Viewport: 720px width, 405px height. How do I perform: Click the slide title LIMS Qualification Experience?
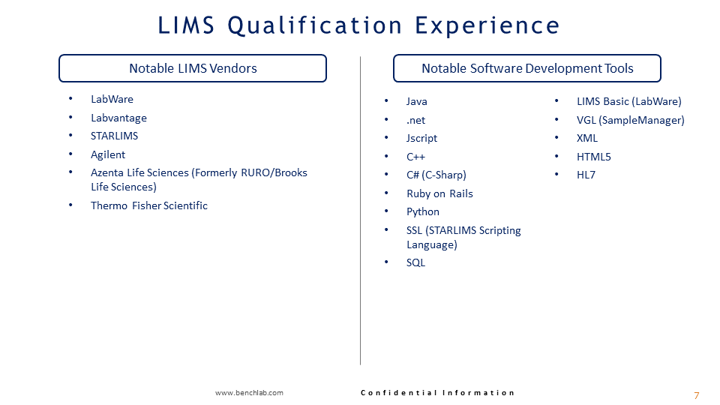(x=359, y=25)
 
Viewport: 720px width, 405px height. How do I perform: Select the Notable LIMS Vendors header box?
(x=193, y=68)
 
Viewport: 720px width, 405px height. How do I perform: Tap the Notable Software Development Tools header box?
(x=527, y=68)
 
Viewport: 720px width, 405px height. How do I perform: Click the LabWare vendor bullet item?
(x=112, y=99)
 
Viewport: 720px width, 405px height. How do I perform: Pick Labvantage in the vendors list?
(x=118, y=118)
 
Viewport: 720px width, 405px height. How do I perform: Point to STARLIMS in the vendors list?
(x=114, y=136)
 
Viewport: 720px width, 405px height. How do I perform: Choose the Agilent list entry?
(x=108, y=154)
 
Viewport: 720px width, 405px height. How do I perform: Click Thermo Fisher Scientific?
(x=149, y=205)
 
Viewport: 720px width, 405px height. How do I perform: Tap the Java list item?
(x=417, y=101)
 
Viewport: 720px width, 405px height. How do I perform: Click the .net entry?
(x=416, y=120)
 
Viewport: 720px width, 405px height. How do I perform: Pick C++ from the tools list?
(x=415, y=157)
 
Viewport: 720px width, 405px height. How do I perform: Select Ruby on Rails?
(x=439, y=193)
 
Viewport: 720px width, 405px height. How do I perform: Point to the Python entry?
(x=423, y=211)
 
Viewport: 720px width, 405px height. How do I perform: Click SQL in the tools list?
(x=415, y=262)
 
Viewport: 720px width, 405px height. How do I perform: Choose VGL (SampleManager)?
(x=630, y=120)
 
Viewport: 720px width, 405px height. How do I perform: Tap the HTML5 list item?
(x=593, y=157)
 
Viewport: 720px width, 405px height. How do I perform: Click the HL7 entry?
(x=586, y=175)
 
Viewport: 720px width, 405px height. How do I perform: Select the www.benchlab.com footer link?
(x=249, y=393)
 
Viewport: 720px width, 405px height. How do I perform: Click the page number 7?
(x=696, y=395)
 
